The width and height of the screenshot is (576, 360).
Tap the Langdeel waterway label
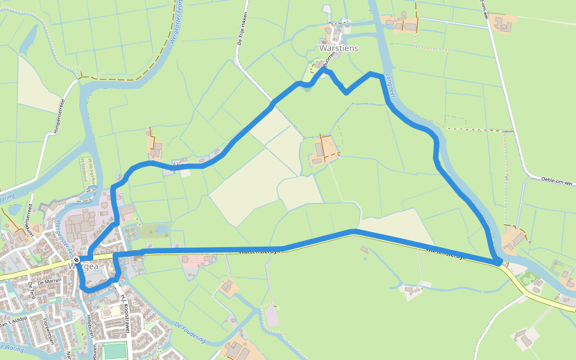pyautogui.click(x=389, y=86)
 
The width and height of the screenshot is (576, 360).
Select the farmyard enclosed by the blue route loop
pyautogui.click(x=323, y=151)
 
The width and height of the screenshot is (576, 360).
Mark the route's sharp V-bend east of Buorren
pyautogui.click(x=346, y=92)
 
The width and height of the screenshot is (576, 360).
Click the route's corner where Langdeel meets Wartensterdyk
pyautogui.click(x=497, y=262)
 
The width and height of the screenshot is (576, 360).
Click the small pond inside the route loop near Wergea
pyautogui.click(x=161, y=229)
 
